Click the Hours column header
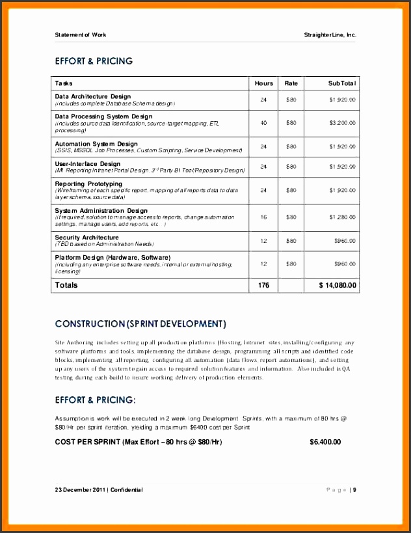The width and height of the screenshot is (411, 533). (x=263, y=83)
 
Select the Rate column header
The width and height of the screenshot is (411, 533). (x=291, y=83)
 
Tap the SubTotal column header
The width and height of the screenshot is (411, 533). (x=341, y=83)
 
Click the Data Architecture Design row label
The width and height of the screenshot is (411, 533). (x=92, y=96)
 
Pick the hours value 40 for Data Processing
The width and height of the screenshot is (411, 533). (x=263, y=122)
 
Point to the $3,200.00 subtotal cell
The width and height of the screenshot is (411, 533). (x=342, y=122)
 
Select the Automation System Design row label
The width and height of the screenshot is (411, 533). (x=96, y=144)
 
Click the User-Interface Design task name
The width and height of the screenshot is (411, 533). (x=87, y=164)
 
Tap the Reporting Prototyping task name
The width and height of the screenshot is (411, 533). (x=88, y=184)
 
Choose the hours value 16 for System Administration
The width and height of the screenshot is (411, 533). (x=263, y=217)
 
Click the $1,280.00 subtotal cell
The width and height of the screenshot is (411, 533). (x=342, y=217)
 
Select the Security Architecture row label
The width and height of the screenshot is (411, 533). (x=86, y=238)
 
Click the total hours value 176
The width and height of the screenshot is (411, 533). (x=263, y=285)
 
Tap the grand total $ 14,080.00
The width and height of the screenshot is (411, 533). (x=338, y=285)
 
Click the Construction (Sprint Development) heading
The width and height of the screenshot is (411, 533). (x=140, y=323)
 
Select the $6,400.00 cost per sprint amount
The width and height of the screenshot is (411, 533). (x=325, y=442)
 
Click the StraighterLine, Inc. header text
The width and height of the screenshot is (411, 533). (x=330, y=34)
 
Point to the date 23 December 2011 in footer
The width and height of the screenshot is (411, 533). (x=81, y=489)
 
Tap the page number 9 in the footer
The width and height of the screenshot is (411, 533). (x=355, y=489)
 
